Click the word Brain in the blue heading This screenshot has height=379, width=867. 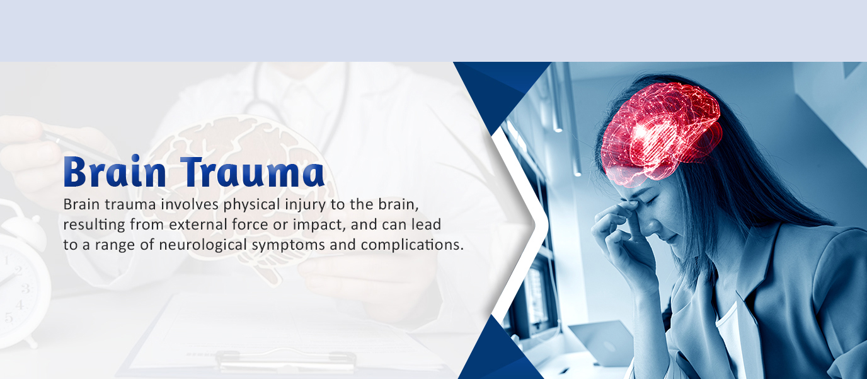tap(115, 172)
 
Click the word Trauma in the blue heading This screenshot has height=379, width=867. tap(253, 172)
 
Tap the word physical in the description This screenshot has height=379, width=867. tap(251, 205)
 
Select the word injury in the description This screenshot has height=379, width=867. tap(306, 205)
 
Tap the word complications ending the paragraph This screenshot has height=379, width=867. tap(412, 245)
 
